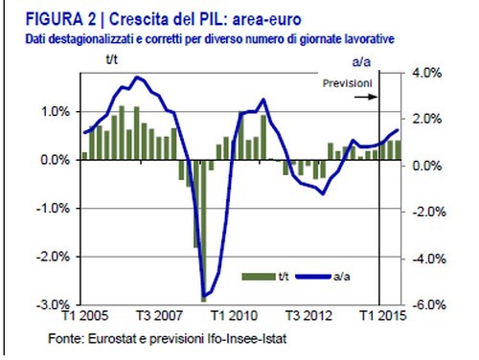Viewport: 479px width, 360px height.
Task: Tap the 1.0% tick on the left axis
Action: pos(57,111)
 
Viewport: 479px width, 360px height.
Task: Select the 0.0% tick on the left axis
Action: pos(57,160)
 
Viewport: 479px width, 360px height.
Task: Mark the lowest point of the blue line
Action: pos(203,299)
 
